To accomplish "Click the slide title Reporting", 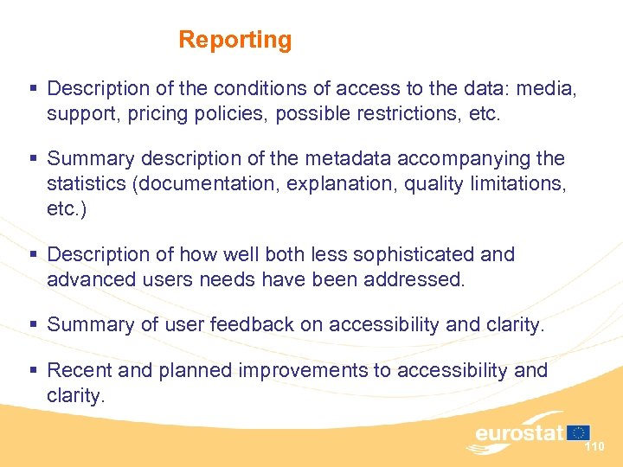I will [234, 40].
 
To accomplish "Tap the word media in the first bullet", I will [549, 88].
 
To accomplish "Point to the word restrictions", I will [407, 113].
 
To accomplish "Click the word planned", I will [195, 370].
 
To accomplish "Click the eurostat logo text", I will [518, 433].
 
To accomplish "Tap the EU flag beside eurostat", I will [579, 432].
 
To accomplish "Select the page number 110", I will [594, 447].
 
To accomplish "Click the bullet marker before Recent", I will [34, 371].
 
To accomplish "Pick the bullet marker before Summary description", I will [34, 160].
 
